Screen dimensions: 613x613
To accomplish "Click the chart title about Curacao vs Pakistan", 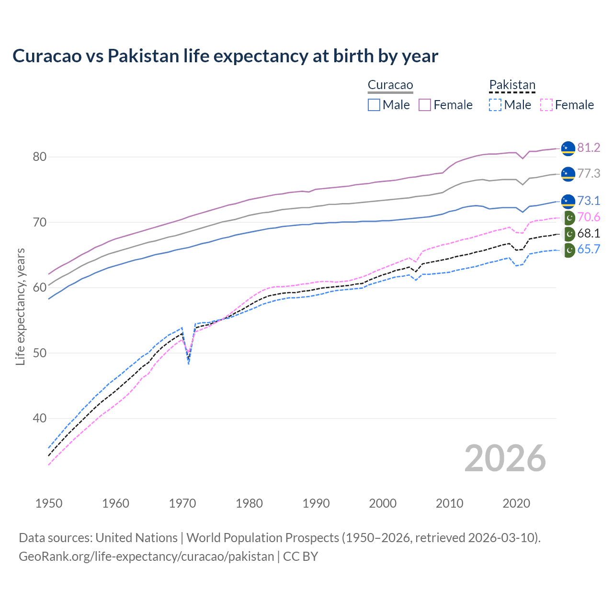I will click(x=225, y=56).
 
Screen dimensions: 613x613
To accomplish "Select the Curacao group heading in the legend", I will click(x=390, y=85).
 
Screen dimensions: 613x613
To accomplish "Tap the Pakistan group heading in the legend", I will click(x=512, y=85).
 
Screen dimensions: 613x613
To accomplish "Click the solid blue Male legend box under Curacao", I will click(x=374, y=105).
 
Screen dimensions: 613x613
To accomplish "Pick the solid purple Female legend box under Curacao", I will click(x=425, y=105).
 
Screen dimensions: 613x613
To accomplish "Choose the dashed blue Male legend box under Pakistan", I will click(x=495, y=105).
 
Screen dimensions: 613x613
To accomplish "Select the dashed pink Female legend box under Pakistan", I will click(x=546, y=105).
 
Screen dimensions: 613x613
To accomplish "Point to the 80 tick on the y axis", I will click(x=40, y=157).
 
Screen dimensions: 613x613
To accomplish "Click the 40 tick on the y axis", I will click(x=40, y=419).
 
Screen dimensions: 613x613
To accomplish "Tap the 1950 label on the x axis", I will click(x=49, y=503).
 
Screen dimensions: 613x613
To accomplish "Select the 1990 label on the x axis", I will click(x=316, y=503).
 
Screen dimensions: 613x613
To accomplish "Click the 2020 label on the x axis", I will click(x=516, y=503).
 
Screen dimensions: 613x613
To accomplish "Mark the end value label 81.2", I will click(x=589, y=148).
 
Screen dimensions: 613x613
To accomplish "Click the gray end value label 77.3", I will click(x=589, y=174).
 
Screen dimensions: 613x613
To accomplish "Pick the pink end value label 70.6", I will click(x=589, y=217).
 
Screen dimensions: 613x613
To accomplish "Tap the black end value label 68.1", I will click(x=589, y=234).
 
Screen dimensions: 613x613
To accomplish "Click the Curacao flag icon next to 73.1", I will click(x=568, y=201).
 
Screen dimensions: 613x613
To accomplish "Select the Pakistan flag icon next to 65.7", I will click(x=568, y=250).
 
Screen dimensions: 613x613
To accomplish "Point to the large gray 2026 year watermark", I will click(x=505, y=459).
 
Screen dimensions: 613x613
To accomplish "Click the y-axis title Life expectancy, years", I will click(x=21, y=306).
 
